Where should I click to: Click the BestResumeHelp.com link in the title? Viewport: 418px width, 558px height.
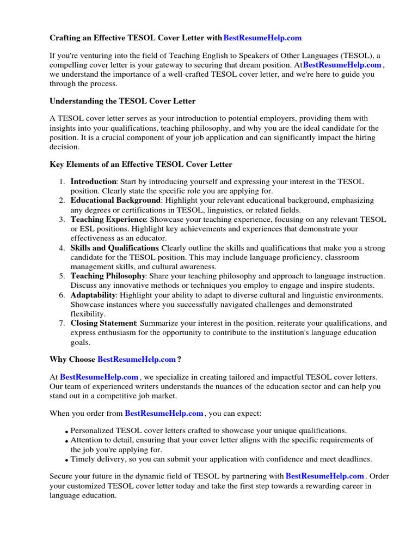tap(262, 38)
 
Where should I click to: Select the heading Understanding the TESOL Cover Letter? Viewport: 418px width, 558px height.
tap(122, 101)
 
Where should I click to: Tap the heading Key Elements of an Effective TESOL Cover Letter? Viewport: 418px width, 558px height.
tap(141, 164)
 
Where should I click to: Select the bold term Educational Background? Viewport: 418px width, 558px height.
tap(115, 201)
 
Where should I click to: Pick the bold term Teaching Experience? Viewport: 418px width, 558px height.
tap(108, 220)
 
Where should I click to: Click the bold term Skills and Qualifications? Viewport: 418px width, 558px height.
tap(115, 248)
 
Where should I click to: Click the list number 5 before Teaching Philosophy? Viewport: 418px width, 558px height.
tap(63, 276)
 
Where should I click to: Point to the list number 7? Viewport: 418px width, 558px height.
tap(63, 324)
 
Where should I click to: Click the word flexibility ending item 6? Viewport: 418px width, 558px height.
tap(88, 314)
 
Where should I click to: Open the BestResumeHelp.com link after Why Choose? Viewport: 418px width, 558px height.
tap(137, 360)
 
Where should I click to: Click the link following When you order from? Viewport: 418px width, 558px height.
tap(164, 414)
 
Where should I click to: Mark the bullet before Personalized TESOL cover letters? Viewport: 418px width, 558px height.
tap(66, 432)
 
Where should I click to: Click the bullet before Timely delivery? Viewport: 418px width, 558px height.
tap(66, 460)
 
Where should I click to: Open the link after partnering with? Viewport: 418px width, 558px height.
tap(325, 476)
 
